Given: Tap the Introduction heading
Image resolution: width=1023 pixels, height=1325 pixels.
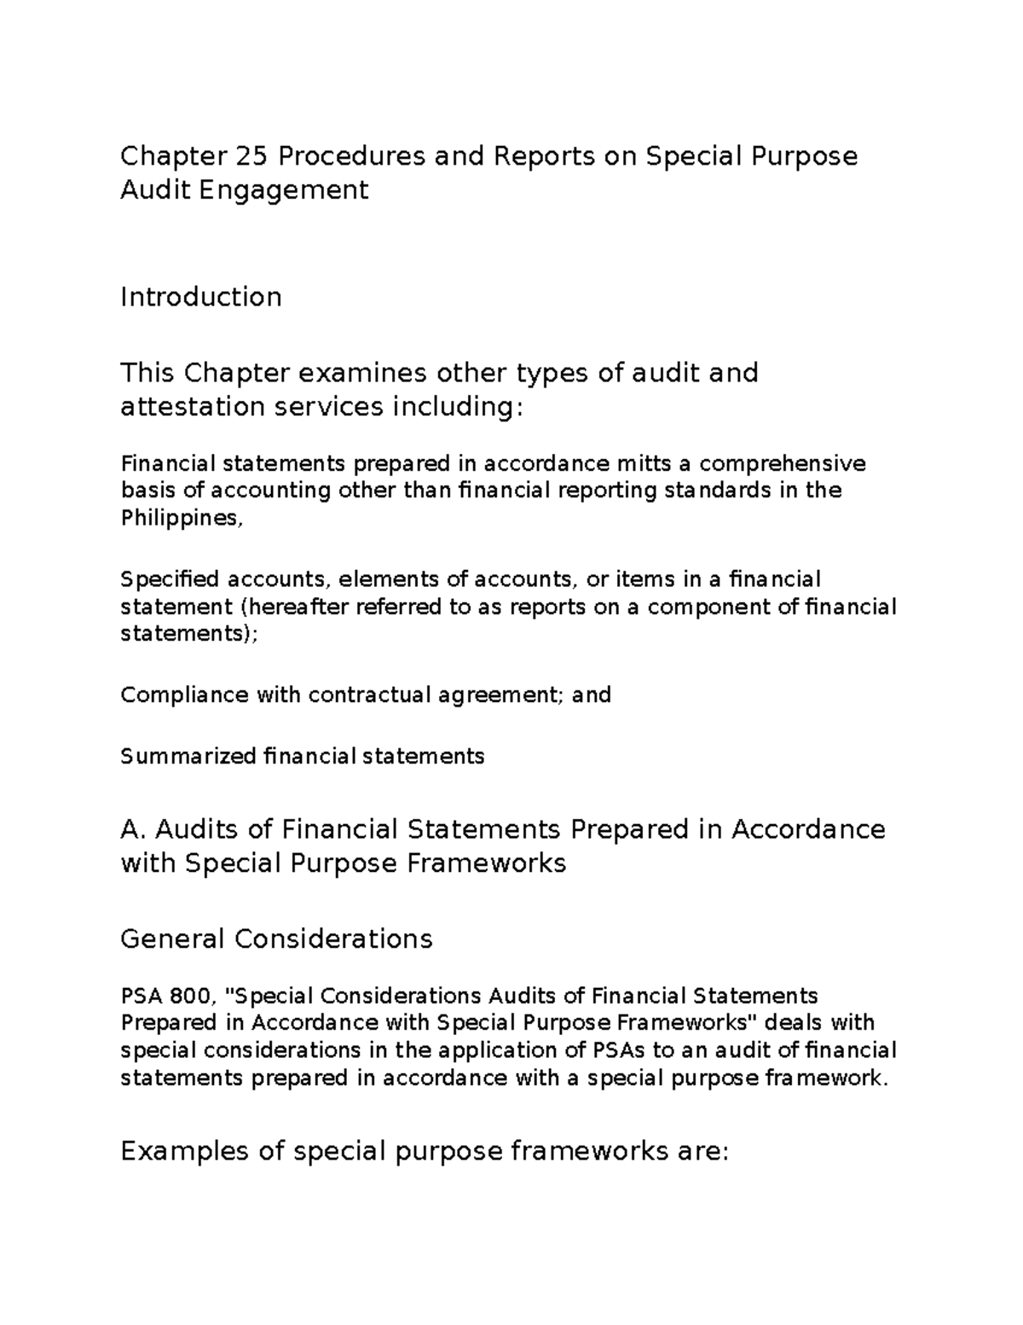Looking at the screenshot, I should pos(201,297).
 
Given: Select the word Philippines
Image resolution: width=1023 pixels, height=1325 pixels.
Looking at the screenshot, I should pos(180,518).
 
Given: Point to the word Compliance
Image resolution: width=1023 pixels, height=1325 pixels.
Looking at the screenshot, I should pos(184,695).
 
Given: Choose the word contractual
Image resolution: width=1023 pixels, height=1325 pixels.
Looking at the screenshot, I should pos(370,695).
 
